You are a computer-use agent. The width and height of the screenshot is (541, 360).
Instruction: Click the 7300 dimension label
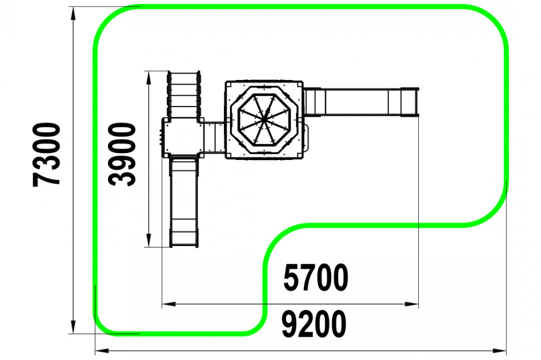(x=47, y=155)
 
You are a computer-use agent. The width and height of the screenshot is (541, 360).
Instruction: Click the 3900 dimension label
(x=122, y=154)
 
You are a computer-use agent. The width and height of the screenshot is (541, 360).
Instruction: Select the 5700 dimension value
(x=316, y=278)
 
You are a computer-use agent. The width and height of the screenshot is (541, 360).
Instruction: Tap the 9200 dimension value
(x=314, y=324)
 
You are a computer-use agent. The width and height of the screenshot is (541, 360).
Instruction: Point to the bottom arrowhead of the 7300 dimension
(x=73, y=327)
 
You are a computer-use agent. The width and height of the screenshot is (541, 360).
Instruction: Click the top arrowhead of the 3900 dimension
(x=149, y=78)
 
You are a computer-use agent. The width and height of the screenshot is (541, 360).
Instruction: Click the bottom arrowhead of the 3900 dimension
(x=149, y=241)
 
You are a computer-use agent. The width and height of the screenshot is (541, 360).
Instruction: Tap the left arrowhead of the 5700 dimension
(x=169, y=304)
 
